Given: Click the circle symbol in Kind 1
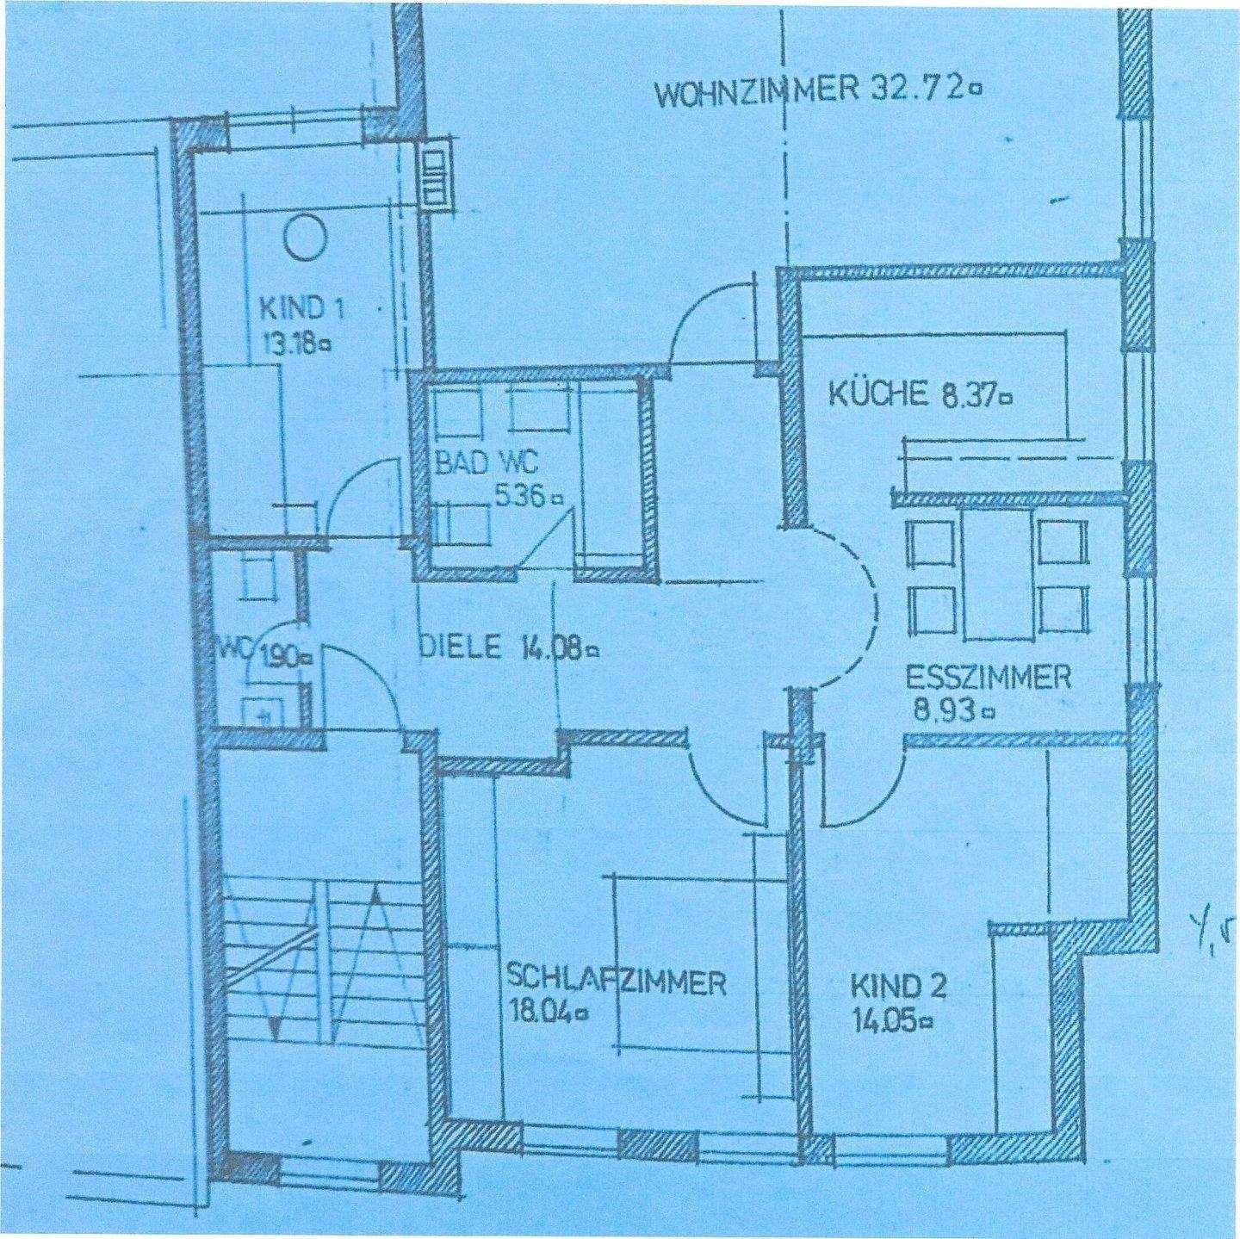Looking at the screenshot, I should [306, 237].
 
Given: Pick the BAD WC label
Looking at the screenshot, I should [486, 463].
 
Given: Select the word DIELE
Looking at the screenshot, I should [459, 647].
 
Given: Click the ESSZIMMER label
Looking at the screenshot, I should [988, 678].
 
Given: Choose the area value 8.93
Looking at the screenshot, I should [942, 711].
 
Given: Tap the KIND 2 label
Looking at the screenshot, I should [898, 986].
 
